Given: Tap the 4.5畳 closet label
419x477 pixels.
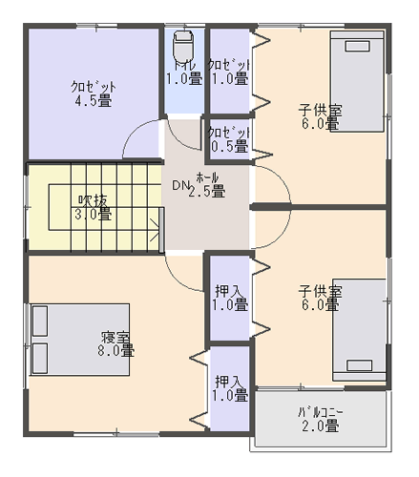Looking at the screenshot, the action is click(x=94, y=93).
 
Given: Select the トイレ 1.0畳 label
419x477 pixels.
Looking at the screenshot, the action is click(x=184, y=73).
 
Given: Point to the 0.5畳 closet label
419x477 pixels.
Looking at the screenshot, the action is click(x=229, y=139).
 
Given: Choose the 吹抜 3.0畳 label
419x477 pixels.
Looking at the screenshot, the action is click(x=94, y=207).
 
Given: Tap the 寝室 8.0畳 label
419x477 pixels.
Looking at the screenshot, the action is click(x=115, y=343).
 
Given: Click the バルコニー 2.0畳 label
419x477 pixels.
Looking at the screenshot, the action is click(x=321, y=419).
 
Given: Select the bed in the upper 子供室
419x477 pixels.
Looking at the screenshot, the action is click(x=357, y=81).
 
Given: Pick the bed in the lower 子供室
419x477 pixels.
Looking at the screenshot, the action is click(x=360, y=330).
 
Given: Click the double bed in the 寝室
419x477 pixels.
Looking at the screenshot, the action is click(x=80, y=340).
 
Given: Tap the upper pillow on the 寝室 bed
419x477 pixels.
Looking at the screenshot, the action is click(x=40, y=321).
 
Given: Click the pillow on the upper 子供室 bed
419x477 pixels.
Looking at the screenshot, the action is click(x=358, y=46).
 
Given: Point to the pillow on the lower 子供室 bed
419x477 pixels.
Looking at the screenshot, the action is click(x=360, y=365).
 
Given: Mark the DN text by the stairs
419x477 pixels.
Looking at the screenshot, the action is click(x=180, y=185).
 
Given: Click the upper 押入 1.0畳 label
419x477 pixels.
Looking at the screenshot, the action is click(x=230, y=298).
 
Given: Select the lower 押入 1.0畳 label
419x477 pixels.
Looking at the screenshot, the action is click(x=230, y=388).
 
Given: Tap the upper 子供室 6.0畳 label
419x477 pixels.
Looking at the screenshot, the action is click(x=320, y=116).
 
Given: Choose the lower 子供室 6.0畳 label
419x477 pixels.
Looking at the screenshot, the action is click(x=320, y=298).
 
